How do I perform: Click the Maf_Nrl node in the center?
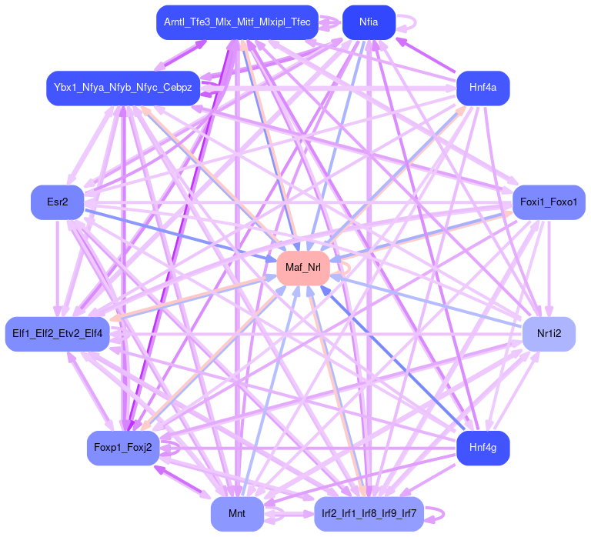tap(303, 268)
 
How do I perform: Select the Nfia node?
tap(369, 22)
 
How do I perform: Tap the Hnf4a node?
tap(482, 88)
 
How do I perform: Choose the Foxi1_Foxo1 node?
tap(548, 202)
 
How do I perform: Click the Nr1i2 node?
tap(548, 334)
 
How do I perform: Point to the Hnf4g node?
tap(482, 448)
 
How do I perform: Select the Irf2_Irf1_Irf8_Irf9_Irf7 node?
tap(369, 513)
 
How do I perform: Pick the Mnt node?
tap(237, 513)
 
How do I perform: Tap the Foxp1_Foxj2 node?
tap(123, 448)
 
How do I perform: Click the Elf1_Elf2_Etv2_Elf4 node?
tap(58, 334)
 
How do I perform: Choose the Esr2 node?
tap(58, 202)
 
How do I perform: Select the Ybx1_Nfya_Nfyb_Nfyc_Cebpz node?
tap(123, 88)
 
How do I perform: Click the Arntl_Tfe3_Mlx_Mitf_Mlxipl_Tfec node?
tap(237, 22)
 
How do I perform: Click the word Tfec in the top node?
tap(299, 22)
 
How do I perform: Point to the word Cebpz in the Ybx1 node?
tap(176, 88)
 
